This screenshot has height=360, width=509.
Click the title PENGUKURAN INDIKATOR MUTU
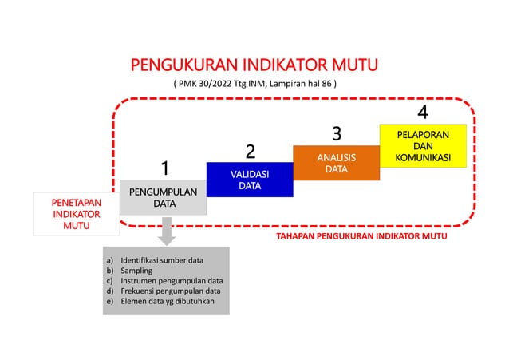coord(254,64)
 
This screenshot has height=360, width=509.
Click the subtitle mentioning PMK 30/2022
coord(254,82)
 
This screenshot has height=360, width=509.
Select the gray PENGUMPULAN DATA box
coord(164,197)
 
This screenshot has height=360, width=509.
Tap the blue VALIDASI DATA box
coord(249,180)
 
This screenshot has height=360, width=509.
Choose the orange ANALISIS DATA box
coord(335,163)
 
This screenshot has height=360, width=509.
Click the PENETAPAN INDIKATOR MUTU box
coord(77,214)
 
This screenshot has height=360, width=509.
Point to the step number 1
coord(164,169)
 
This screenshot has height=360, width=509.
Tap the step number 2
coord(250,152)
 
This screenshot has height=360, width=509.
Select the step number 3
coord(337,133)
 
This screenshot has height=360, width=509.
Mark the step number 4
coord(423,113)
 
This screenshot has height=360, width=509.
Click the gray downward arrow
coord(167,233)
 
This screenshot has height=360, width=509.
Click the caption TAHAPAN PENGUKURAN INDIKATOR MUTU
coord(361,237)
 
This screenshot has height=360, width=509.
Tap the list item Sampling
coord(136,271)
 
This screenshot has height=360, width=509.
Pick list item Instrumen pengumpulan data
coord(171,281)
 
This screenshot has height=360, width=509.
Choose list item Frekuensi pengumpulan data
coord(170,291)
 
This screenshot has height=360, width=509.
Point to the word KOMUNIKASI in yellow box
coord(423,158)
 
